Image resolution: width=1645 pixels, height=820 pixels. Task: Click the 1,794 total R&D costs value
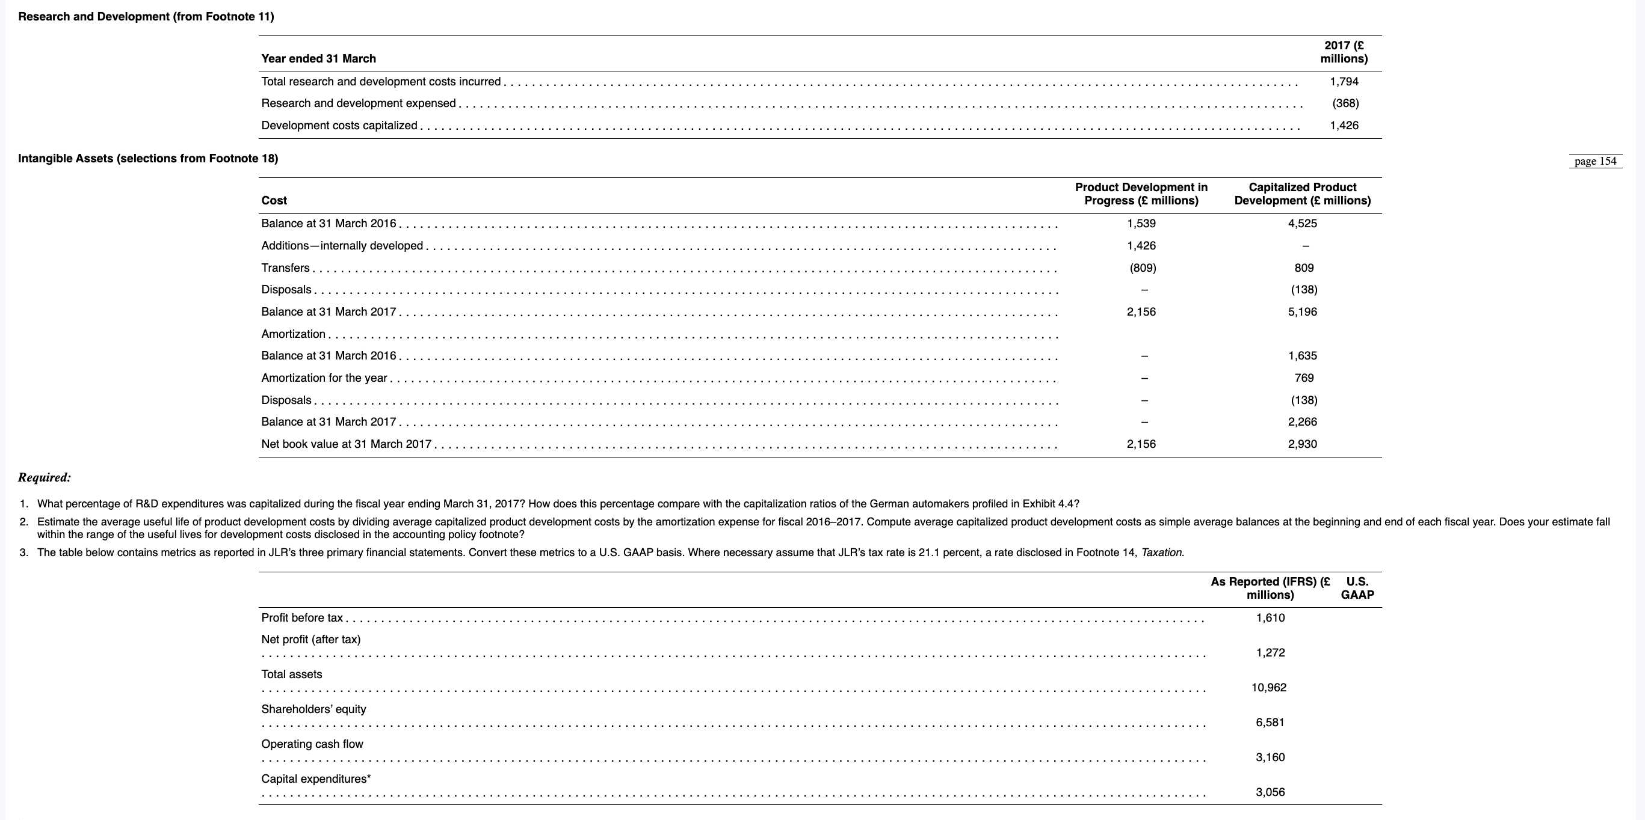pyautogui.click(x=1344, y=82)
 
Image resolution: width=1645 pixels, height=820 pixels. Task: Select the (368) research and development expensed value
pyautogui.click(x=1345, y=103)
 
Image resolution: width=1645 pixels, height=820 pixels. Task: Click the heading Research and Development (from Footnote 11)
pyautogui.click(x=146, y=17)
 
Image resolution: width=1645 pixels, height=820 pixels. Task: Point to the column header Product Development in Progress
pyautogui.click(x=1141, y=194)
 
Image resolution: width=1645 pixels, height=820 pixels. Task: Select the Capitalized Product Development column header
pyautogui.click(x=1302, y=194)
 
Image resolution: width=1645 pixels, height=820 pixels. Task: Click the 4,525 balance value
pyautogui.click(x=1302, y=224)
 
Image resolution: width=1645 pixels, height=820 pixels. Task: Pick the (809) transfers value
pyautogui.click(x=1142, y=268)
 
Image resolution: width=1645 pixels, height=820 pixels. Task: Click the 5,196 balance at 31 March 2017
pyautogui.click(x=1302, y=312)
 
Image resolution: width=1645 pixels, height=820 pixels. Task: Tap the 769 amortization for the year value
pyautogui.click(x=1303, y=378)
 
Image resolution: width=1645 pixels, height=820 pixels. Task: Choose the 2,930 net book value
pyautogui.click(x=1302, y=444)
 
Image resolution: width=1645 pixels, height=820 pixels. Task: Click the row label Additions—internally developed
pyautogui.click(x=342, y=246)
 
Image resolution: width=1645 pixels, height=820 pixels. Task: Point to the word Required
pyautogui.click(x=44, y=477)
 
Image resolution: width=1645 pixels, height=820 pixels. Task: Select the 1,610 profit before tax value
pyautogui.click(x=1270, y=618)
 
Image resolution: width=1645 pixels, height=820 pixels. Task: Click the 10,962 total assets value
pyautogui.click(x=1269, y=688)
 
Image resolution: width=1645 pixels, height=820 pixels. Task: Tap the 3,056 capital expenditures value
pyautogui.click(x=1270, y=792)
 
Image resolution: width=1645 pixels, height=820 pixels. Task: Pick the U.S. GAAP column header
pyautogui.click(x=1357, y=589)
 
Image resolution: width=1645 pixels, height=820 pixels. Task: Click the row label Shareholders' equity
pyautogui.click(x=313, y=709)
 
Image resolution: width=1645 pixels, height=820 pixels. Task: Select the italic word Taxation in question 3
pyautogui.click(x=1162, y=552)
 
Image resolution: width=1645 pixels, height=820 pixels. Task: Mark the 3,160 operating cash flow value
pyautogui.click(x=1270, y=757)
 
